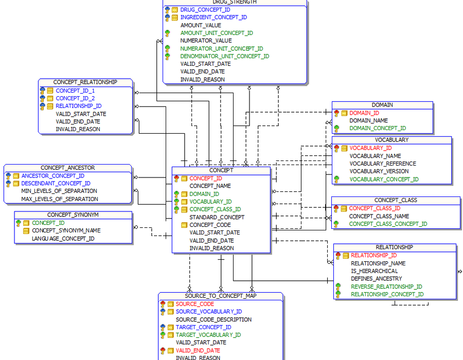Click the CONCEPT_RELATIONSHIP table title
tap(85, 82)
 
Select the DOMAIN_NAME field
tap(368, 120)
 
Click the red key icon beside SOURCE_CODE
tap(163, 304)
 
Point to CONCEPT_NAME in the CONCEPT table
tap(210, 186)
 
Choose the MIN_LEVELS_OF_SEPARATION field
tap(59, 191)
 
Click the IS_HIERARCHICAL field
tap(374, 271)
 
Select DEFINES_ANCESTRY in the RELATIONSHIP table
tap(377, 279)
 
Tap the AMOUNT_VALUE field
tap(201, 25)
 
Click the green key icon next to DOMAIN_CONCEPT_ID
tap(336, 129)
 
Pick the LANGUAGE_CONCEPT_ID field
tap(63, 239)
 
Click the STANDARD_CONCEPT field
tap(217, 217)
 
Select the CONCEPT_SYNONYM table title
tap(73, 215)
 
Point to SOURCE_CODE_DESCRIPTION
tap(214, 319)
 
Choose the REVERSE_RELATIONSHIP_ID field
tap(386, 286)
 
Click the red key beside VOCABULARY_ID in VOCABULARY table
tap(336, 148)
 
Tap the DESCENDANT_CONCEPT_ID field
tap(56, 183)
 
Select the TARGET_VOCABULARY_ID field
tap(208, 335)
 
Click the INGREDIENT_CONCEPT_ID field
tap(213, 17)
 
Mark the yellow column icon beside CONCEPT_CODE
tap(184, 225)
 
